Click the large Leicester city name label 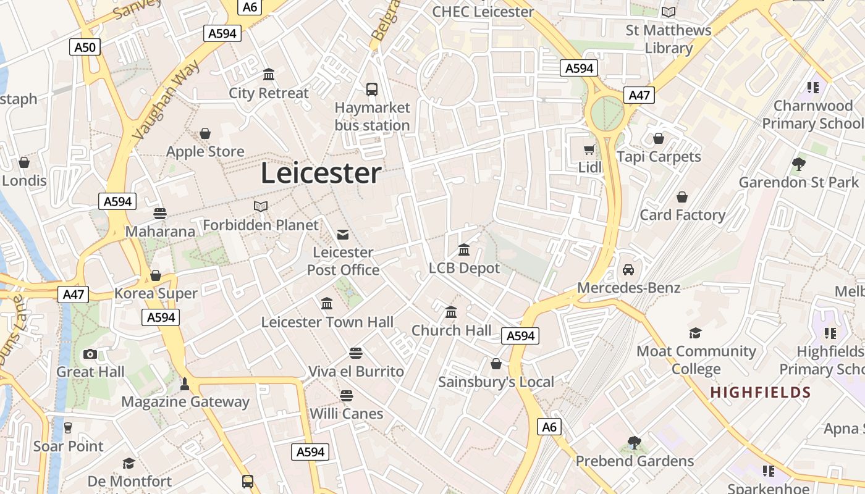pos(321,174)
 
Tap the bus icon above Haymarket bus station pos(372,90)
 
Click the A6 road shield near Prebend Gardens pos(549,427)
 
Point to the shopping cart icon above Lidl pos(589,149)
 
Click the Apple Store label pos(205,151)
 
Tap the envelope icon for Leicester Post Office pos(343,234)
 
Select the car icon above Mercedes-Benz pos(628,270)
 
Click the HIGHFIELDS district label pos(760,392)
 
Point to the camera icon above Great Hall pos(90,354)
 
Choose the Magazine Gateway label pos(185,402)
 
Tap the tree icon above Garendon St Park pos(798,164)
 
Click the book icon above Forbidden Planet pos(261,206)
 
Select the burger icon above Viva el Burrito pos(355,353)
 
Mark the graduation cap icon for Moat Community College pos(696,333)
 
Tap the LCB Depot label pos(464,269)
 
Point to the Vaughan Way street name pos(166,99)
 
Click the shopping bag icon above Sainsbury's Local pos(496,364)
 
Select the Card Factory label pos(682,215)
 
